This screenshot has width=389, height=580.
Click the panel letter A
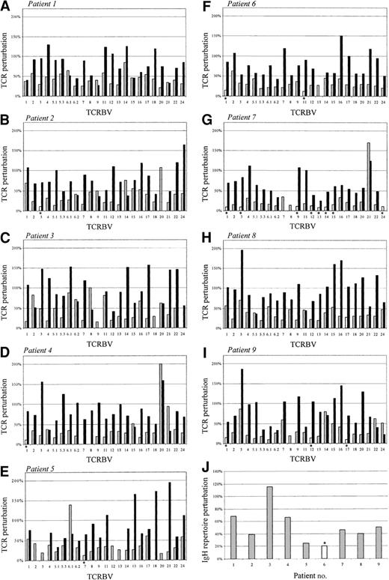tap(5, 5)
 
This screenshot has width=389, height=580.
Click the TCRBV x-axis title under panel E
tap(105, 576)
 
